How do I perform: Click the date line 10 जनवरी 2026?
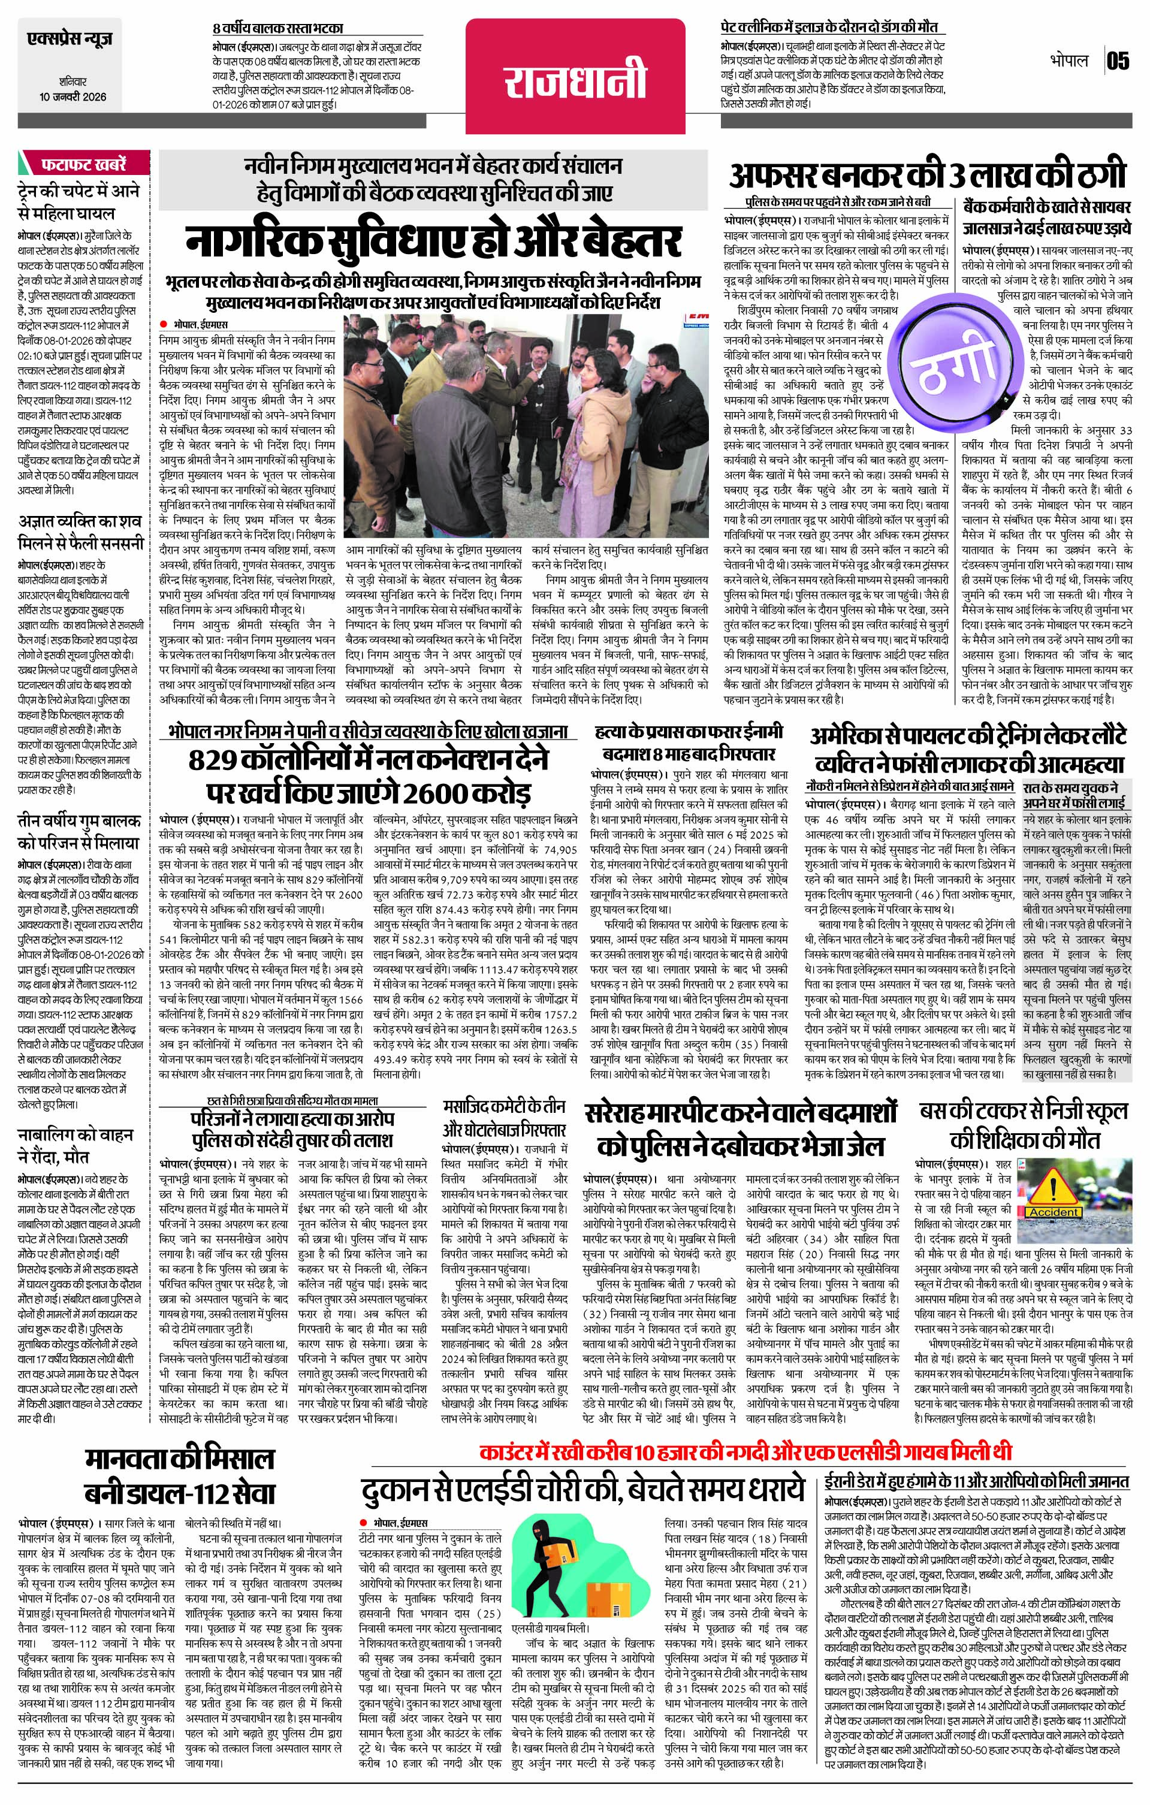point(74,96)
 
